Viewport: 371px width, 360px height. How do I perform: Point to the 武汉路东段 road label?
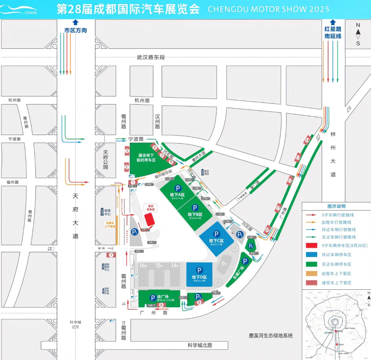(x=151, y=57)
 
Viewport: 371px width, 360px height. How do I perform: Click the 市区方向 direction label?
(x=76, y=30)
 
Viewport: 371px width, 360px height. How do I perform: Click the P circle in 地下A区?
(x=177, y=188)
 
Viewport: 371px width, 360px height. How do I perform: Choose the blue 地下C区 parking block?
(x=216, y=239)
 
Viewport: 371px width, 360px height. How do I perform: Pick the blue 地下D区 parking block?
(x=199, y=274)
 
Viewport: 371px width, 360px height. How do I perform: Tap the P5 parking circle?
(x=240, y=235)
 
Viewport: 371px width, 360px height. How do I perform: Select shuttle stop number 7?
(x=111, y=255)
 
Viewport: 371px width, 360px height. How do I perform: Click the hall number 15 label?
(x=158, y=265)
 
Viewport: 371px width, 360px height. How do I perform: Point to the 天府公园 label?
(x=106, y=160)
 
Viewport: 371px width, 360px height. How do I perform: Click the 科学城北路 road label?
(x=200, y=345)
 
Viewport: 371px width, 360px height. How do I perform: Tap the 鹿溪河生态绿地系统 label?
(x=270, y=336)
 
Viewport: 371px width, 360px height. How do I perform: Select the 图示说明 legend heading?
(x=336, y=206)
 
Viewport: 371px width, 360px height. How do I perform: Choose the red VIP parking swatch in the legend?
(x=313, y=246)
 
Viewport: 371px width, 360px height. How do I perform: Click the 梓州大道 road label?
(x=333, y=154)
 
